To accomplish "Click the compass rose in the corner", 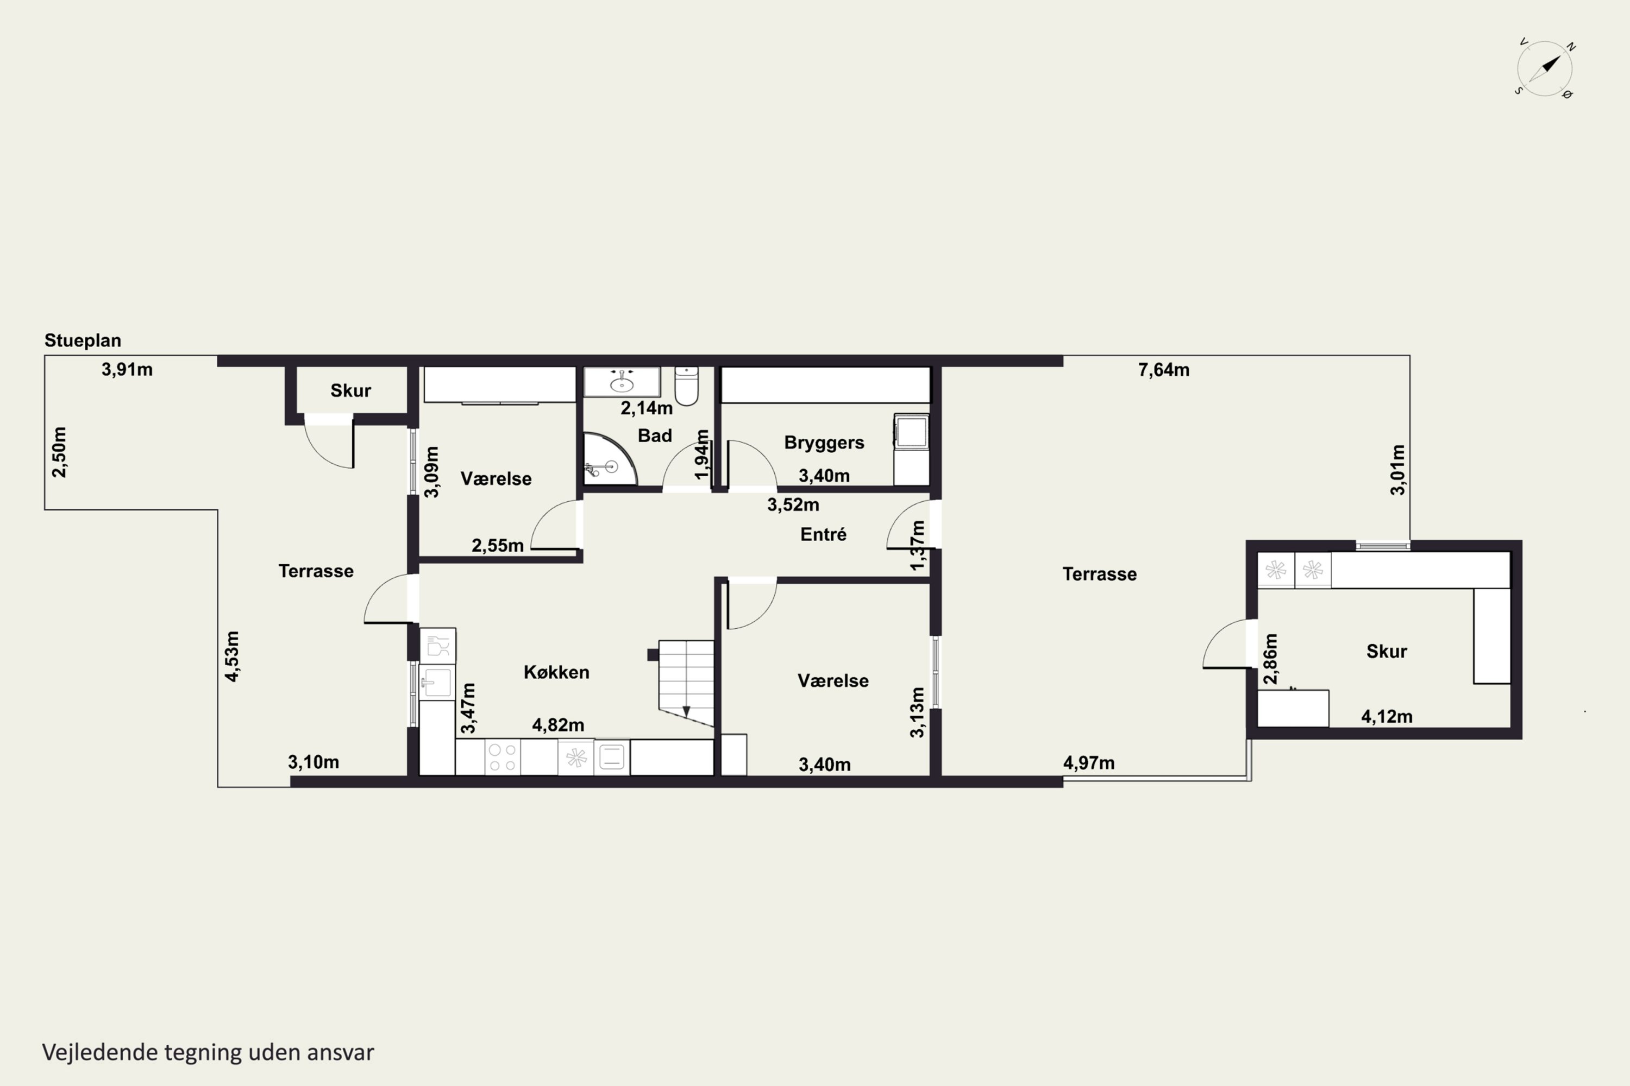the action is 1545,68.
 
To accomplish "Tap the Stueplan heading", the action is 83,340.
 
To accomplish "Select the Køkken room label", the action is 556,672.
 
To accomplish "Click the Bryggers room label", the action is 824,443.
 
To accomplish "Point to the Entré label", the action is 823,534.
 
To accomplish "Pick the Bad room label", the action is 655,435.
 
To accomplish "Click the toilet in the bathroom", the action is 686,386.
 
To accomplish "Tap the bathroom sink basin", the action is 622,382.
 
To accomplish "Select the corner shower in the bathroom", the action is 609,459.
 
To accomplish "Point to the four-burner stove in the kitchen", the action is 503,757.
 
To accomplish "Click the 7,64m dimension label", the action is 1164,370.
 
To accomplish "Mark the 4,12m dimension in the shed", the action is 1387,716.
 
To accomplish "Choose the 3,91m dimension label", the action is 127,370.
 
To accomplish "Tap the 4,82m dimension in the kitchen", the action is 558,725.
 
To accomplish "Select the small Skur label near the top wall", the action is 350,390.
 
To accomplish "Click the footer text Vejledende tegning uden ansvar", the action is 208,1052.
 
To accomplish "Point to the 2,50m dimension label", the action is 60,452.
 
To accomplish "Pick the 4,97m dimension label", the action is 1089,763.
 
